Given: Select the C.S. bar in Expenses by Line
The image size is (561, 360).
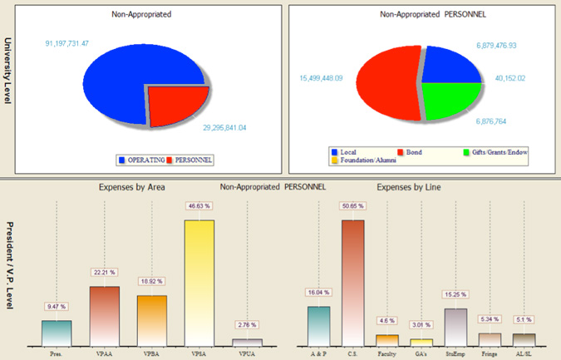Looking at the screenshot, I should pos(352,283).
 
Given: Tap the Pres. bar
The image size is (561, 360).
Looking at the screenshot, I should pos(56,333).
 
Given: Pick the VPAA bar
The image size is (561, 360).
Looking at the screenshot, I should pos(105,316).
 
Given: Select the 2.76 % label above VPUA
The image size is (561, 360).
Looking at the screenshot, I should pos(248,324).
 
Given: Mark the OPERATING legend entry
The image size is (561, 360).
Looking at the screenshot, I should pos(142,158).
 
